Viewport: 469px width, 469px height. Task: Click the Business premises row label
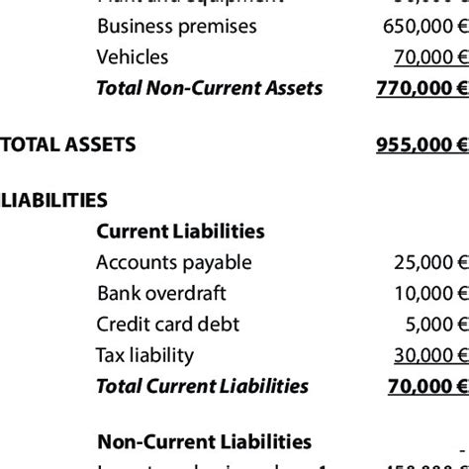[x=176, y=26]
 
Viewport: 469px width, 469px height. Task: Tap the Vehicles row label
[x=133, y=57]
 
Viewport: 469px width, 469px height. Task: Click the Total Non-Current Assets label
[x=209, y=88]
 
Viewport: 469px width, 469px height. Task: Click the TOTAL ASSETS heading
[x=68, y=145]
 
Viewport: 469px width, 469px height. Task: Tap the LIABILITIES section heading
[x=54, y=201]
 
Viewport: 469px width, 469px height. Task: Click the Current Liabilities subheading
[x=180, y=232]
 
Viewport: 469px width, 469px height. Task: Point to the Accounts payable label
[x=174, y=263]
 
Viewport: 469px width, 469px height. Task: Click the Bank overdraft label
[x=162, y=294]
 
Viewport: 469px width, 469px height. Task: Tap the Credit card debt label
[x=168, y=325]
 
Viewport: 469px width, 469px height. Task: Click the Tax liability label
[x=144, y=355]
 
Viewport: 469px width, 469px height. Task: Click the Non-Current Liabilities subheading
[x=205, y=442]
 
